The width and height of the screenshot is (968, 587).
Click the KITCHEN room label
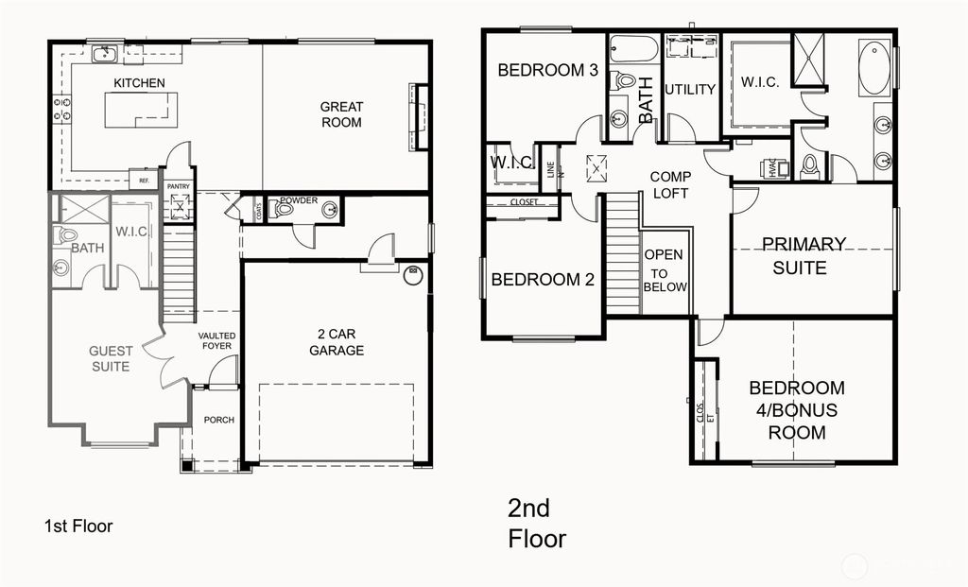(139, 83)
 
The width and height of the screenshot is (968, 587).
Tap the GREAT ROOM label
(340, 114)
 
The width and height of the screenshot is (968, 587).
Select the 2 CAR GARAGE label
(336, 341)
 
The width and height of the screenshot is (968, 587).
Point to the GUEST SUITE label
(111, 358)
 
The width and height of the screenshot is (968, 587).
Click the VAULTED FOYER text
(216, 340)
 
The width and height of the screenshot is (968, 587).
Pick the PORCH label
(217, 420)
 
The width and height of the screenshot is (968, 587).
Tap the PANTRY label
(179, 186)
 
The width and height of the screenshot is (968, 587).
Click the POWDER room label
(298, 200)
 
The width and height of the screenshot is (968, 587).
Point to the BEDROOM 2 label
(542, 280)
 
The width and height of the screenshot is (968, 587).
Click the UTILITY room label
(689, 89)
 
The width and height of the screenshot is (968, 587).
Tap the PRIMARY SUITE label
(804, 255)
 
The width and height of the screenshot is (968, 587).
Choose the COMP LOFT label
(670, 184)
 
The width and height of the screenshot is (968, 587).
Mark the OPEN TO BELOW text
(665, 271)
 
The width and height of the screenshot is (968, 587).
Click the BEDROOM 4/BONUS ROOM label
(797, 410)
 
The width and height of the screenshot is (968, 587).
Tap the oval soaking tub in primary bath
(874, 67)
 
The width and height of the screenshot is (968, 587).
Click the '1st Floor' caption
(78, 526)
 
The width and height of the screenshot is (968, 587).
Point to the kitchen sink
(104, 53)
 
